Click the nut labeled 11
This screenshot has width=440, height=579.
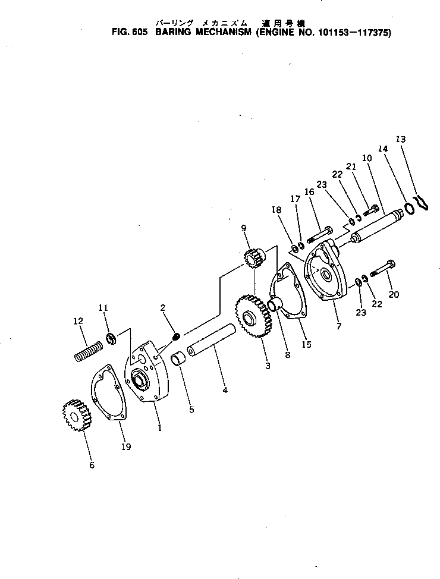(110, 339)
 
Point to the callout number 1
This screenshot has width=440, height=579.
(159, 427)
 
